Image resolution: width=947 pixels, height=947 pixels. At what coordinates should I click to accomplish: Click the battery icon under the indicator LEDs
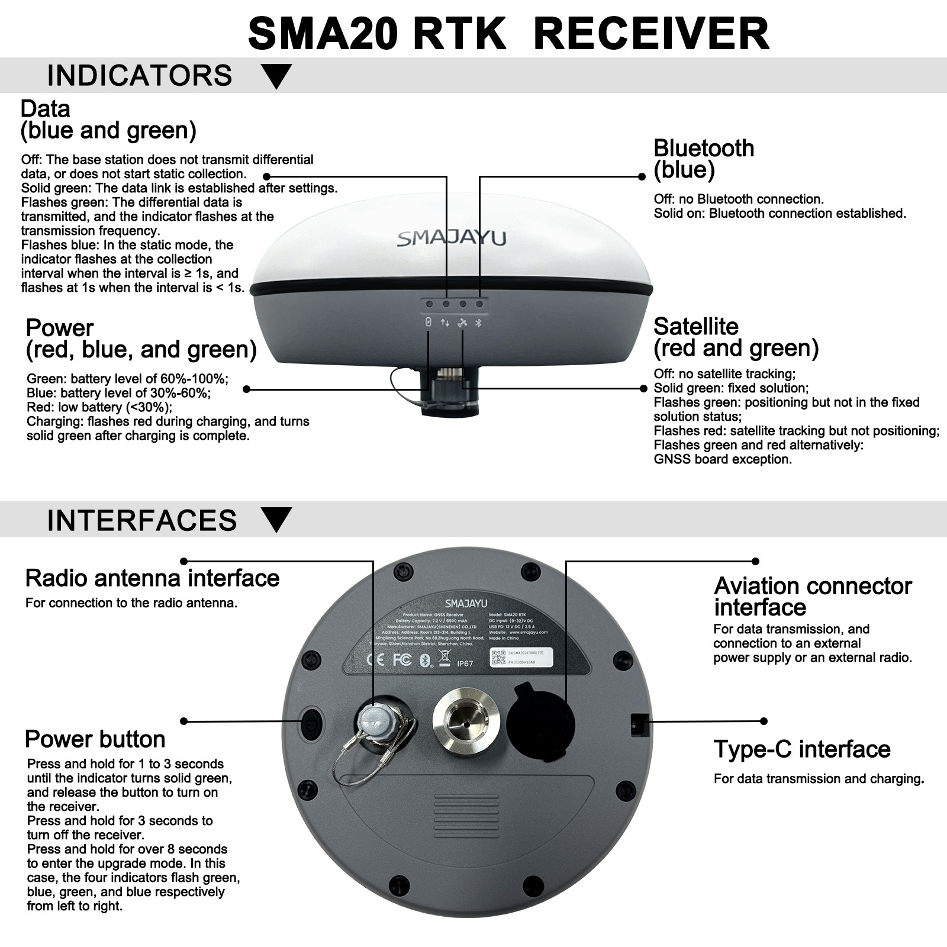click(x=429, y=322)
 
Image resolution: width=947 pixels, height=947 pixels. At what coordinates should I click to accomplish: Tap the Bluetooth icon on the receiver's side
click(x=480, y=323)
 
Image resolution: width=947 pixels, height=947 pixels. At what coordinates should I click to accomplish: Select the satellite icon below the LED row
click(x=463, y=323)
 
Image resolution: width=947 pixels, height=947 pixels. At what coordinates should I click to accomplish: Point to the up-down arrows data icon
click(x=445, y=323)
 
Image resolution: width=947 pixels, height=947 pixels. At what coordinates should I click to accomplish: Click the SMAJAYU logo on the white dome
click(x=452, y=238)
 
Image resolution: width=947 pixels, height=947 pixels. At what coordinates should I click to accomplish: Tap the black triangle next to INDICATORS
click(x=276, y=76)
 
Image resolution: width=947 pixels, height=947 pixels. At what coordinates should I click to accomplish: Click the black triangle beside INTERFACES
click(x=276, y=520)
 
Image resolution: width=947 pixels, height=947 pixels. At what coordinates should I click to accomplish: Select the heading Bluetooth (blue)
click(x=703, y=159)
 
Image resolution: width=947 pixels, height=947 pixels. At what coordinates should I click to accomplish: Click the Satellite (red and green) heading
click(x=736, y=337)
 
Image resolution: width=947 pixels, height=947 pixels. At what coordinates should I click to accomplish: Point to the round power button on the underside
click(x=311, y=722)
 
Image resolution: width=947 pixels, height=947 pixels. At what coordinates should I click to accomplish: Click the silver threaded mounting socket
click(x=466, y=723)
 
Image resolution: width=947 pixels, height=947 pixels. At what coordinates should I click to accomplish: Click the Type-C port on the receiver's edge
click(x=639, y=723)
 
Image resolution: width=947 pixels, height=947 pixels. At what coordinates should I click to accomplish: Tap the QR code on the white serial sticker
click(x=498, y=658)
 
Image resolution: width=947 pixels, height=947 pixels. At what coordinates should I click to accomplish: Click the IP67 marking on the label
click(x=465, y=663)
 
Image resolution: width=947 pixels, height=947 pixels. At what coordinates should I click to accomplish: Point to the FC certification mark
click(x=402, y=659)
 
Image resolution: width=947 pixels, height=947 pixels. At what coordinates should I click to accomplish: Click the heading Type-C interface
click(x=801, y=749)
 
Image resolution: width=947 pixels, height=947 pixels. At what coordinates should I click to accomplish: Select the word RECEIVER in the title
click(x=651, y=34)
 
